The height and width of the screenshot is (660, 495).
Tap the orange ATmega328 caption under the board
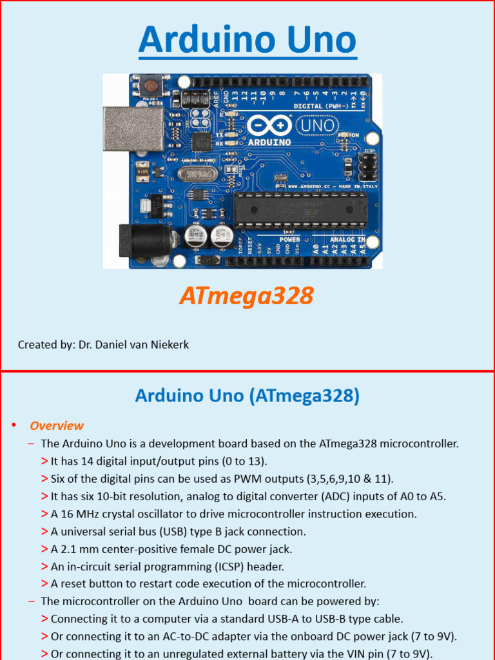(246, 296)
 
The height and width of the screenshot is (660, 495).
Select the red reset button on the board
(153, 84)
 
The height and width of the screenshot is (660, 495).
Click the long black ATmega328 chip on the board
(300, 209)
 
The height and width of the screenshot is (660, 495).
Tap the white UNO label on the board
(318, 125)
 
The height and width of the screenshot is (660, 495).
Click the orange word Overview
(57, 425)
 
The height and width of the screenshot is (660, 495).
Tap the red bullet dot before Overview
(13, 425)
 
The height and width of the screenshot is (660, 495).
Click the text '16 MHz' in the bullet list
(74, 514)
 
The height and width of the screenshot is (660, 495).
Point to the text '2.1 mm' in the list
(75, 549)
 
